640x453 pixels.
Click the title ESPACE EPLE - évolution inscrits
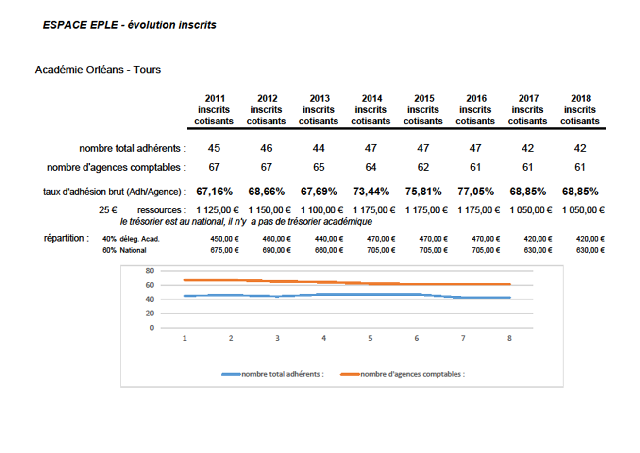[130, 25]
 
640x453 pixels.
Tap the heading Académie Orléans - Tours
[98, 70]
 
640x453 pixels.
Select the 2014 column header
[371, 109]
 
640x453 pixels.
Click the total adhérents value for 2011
[214, 148]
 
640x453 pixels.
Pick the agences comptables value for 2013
[319, 167]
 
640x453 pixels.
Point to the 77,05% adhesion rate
[476, 192]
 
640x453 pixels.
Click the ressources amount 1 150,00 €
[269, 210]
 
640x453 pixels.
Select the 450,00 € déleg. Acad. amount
[224, 239]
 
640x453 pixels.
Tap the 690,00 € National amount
[277, 250]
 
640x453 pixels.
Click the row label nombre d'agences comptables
[116, 167]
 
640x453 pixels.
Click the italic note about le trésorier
[246, 221]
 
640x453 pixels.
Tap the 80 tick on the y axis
[150, 271]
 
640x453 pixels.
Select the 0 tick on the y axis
[152, 328]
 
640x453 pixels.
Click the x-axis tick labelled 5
[371, 338]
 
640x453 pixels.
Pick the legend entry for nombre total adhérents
[272, 374]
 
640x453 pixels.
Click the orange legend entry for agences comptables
[403, 374]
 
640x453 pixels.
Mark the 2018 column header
[580, 109]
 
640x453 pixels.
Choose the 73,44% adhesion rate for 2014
[371, 192]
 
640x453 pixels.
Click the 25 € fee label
[108, 210]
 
